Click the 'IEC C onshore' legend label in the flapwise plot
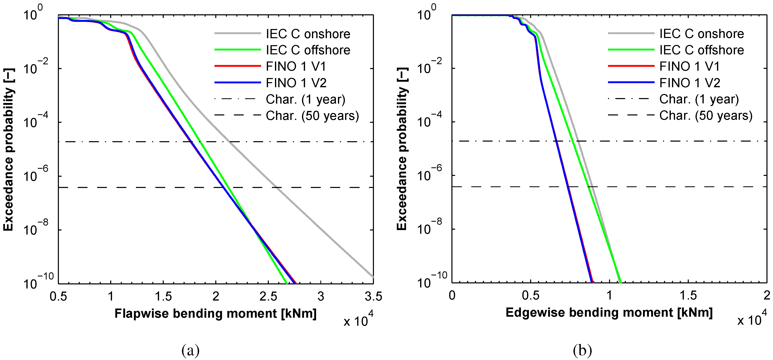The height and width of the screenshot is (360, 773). click(308, 34)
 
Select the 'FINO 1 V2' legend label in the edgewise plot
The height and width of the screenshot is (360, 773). click(690, 83)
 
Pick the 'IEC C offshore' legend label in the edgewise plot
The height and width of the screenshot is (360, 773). click(702, 50)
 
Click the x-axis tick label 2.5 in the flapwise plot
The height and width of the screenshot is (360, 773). click(268, 296)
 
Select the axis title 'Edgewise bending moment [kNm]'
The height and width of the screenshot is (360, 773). click(609, 313)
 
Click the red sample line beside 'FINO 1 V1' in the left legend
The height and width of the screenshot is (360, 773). click(237, 66)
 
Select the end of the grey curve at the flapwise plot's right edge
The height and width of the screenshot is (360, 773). click(373, 277)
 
